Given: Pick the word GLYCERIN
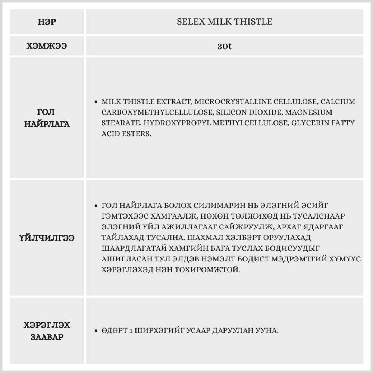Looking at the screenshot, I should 311,123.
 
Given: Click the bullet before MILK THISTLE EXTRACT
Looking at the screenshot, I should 97,102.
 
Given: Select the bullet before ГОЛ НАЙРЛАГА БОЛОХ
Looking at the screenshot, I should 97,206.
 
